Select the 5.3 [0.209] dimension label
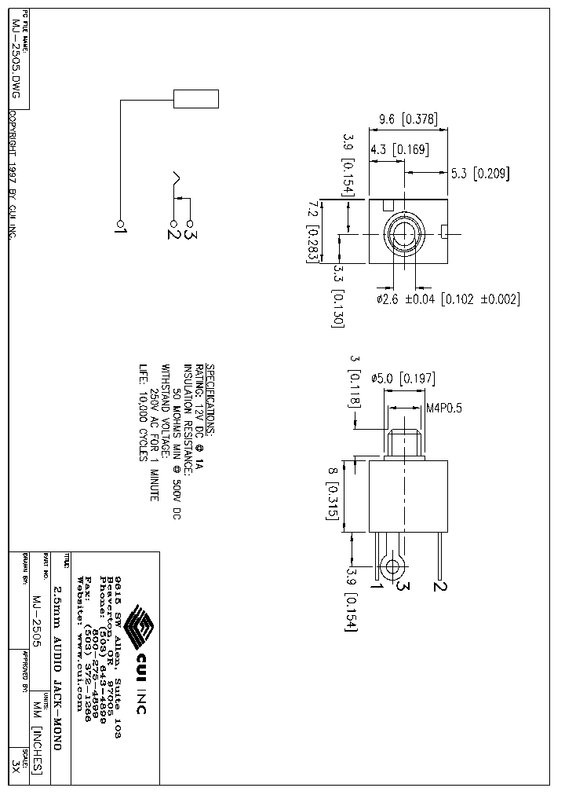[479, 174]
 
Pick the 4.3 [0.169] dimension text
[399, 149]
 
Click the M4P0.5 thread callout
[443, 408]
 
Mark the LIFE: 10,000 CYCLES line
[144, 412]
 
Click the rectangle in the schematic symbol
[195, 100]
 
